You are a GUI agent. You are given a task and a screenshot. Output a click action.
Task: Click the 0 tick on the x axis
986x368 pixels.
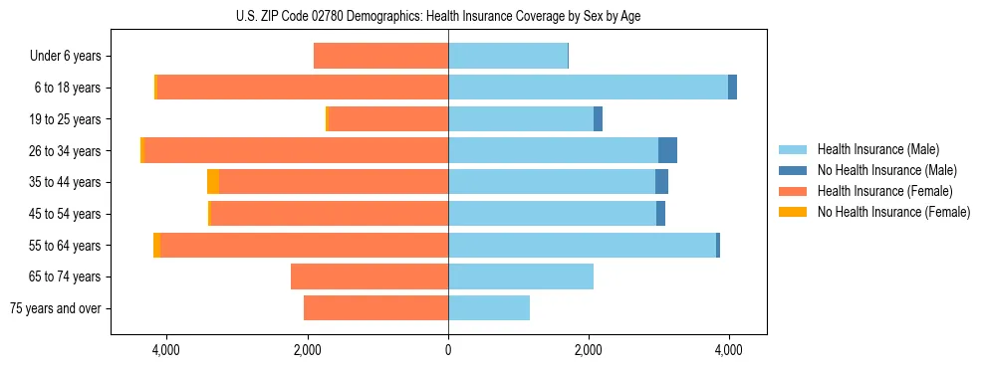(448, 349)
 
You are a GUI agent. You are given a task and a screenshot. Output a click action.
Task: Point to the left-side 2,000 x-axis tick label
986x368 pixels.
(307, 349)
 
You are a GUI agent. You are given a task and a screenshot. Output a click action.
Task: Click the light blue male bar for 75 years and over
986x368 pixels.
(489, 308)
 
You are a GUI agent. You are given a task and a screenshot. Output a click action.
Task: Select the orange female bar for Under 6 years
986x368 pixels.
(380, 57)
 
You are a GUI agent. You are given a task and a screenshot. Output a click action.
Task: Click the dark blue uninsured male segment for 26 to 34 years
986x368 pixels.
(667, 150)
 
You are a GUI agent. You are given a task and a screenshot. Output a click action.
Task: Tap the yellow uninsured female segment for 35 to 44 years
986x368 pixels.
(213, 182)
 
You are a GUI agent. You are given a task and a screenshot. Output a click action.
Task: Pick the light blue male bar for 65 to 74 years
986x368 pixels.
(521, 276)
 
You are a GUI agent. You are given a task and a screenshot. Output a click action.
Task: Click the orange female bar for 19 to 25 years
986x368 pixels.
(387, 119)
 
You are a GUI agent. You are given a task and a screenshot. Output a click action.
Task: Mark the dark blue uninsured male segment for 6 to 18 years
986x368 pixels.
(732, 88)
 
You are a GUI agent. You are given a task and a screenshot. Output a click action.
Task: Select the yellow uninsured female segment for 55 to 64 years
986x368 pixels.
(156, 245)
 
